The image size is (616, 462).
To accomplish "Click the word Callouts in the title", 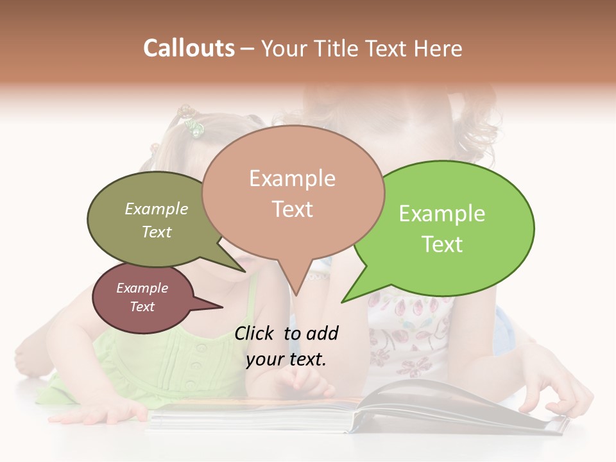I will (x=189, y=48).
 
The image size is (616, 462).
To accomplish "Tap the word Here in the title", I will (x=436, y=48).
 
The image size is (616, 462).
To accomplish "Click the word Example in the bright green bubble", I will (x=441, y=214).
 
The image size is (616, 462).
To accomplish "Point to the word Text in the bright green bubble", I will (x=441, y=244).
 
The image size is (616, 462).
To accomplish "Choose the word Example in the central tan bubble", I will (x=292, y=178).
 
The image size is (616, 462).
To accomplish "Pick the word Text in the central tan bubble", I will (x=292, y=209).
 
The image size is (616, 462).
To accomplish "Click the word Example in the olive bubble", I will (x=157, y=209).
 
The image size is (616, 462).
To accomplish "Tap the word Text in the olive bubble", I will (x=157, y=232).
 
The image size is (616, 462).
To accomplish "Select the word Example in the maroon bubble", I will (x=142, y=288).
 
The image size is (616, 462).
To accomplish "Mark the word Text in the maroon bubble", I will (x=142, y=307).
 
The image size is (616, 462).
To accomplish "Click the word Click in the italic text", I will (x=256, y=333).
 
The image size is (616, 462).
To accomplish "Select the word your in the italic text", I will (x=264, y=360).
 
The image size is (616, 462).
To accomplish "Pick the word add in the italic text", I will (x=322, y=333).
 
